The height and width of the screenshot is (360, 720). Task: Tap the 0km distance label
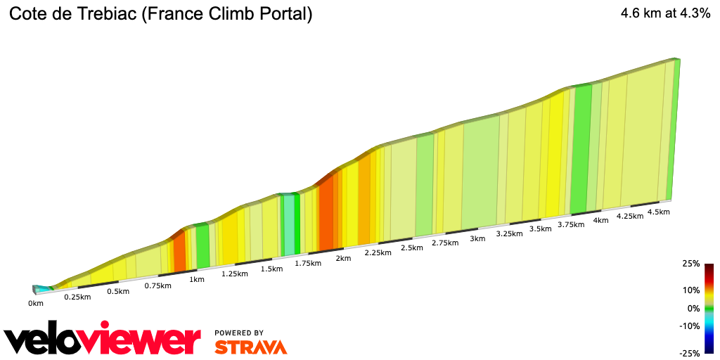35,303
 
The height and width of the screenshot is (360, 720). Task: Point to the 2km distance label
343,258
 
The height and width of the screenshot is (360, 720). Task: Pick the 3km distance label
477,238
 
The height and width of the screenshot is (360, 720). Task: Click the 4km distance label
600,220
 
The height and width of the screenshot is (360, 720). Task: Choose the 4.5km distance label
658,212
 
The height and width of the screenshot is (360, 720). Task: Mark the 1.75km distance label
307,264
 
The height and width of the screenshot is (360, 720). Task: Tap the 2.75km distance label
444,243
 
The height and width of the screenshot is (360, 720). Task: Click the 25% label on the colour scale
691,264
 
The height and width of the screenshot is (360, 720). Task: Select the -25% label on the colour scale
690,353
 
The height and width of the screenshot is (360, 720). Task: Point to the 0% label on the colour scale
693,308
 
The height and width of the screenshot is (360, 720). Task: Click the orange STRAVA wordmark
250,347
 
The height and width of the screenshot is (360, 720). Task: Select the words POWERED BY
239,333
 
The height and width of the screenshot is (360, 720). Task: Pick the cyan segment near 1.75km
288,225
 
